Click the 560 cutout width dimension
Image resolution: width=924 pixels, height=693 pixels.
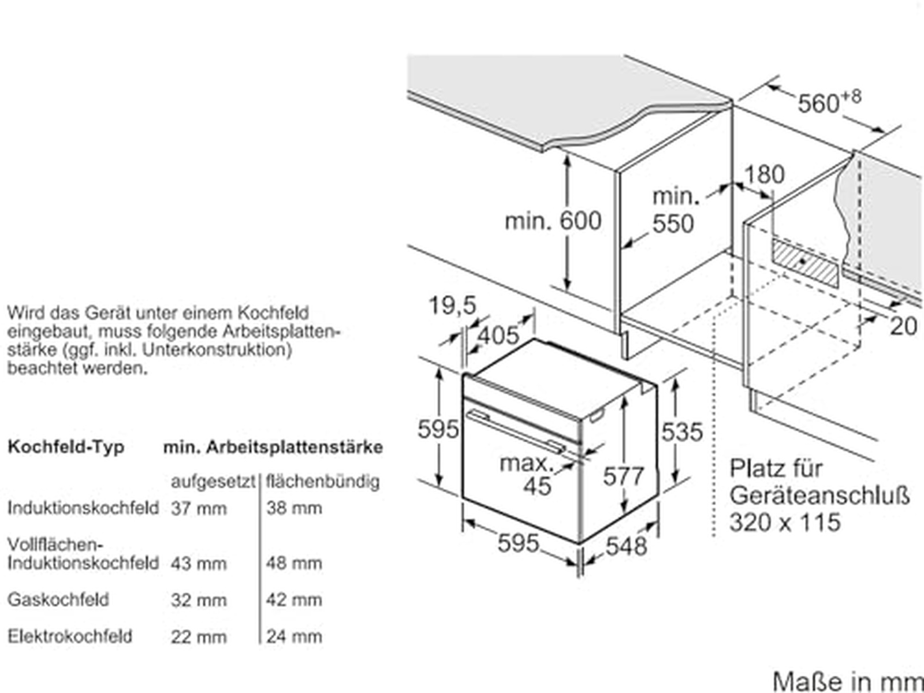[829, 102]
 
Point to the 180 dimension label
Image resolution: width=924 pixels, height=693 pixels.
[765, 174]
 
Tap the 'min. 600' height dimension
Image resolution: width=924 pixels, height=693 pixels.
[553, 221]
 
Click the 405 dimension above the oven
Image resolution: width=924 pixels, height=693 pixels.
[499, 336]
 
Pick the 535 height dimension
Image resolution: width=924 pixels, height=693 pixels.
[682, 432]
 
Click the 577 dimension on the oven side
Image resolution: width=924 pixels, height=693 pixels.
[624, 476]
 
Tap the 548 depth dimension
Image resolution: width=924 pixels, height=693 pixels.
[626, 546]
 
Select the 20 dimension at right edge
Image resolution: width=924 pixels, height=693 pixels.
[903, 326]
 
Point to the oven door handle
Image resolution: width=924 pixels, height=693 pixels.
[517, 432]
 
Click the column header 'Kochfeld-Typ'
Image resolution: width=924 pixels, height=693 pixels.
[66, 447]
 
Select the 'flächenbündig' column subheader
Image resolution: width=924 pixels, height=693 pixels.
[322, 482]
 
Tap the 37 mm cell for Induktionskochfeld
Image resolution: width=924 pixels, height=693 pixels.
[199, 509]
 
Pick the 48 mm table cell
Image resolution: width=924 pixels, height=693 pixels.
[294, 564]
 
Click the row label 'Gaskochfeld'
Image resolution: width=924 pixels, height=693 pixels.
[58, 599]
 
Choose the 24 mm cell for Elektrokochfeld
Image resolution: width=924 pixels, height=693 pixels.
[294, 636]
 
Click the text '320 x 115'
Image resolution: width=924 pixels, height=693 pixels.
[785, 522]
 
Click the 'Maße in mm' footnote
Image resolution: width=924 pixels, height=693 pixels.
[848, 681]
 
